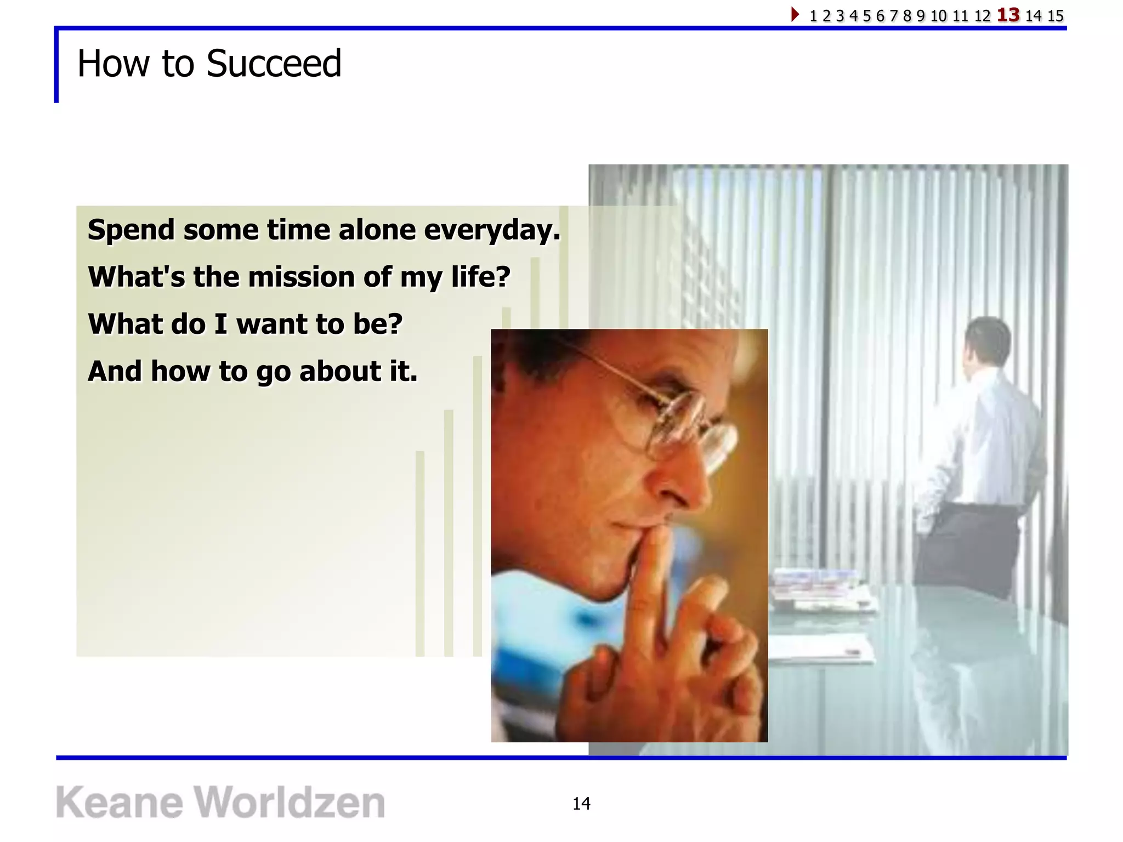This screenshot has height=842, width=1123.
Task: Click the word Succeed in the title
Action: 274,64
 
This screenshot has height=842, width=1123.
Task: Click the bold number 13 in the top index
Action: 1008,15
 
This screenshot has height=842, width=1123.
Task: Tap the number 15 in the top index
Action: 1056,16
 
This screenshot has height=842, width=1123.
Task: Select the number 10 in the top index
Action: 938,16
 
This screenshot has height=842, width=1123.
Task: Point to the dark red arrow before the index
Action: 795,14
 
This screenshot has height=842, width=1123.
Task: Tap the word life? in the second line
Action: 480,277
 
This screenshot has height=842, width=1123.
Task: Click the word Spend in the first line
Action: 131,230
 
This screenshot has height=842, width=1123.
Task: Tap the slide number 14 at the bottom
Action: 581,804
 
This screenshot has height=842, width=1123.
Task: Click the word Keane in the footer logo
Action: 119,803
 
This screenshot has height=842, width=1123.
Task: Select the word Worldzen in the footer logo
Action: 290,803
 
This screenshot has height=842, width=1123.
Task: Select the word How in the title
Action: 112,64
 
